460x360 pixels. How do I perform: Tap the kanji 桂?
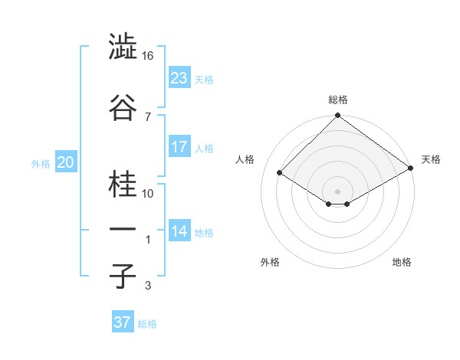[x=123, y=185]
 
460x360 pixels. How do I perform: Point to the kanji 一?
[x=123, y=230]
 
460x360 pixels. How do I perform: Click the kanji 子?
[x=123, y=276]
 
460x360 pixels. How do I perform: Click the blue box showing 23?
[x=179, y=78]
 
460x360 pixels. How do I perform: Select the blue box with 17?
[x=179, y=147]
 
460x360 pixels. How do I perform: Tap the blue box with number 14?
[x=179, y=231]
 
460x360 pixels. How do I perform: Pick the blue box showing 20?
[x=65, y=162]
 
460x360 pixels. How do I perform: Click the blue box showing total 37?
[x=122, y=322]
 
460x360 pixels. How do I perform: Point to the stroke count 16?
[x=149, y=56]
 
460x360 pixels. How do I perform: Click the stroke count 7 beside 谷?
[x=147, y=116]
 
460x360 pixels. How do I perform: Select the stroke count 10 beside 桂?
[x=149, y=194]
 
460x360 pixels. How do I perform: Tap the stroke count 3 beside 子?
[x=147, y=286]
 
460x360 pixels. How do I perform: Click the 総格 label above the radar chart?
[x=338, y=100]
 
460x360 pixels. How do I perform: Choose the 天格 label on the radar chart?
[x=431, y=159]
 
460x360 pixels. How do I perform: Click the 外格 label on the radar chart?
[x=270, y=262]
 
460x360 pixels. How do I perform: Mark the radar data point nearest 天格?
[x=411, y=169]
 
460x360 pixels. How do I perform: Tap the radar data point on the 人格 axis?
[x=280, y=173]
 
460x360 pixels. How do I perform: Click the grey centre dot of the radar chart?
[x=337, y=190]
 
